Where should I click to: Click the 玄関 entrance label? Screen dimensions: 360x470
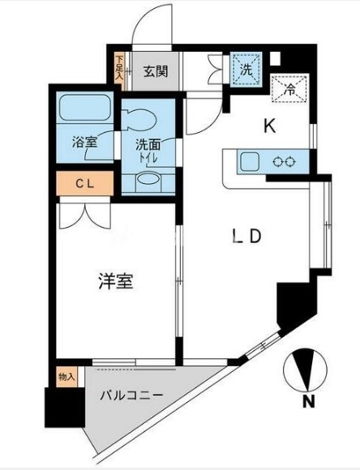(156, 71)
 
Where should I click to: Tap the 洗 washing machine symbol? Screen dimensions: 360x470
(246, 70)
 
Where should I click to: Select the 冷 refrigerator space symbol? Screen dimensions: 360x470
(289, 88)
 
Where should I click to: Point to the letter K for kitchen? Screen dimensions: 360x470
(270, 126)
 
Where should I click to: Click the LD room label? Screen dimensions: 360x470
(247, 237)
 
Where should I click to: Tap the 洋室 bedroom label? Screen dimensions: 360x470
(116, 281)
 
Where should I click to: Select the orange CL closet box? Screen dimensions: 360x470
(85, 183)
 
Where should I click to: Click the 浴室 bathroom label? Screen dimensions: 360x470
(85, 142)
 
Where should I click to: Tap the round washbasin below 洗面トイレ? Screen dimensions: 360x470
(148, 181)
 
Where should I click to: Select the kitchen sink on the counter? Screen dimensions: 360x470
(248, 161)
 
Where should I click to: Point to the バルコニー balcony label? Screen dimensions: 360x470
(131, 395)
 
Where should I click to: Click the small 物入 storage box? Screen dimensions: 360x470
(66, 377)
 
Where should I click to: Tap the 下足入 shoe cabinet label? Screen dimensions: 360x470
(120, 68)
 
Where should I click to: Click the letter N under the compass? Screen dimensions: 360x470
(308, 401)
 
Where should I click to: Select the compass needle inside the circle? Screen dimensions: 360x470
(306, 370)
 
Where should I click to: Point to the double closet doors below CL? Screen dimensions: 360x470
(85, 216)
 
